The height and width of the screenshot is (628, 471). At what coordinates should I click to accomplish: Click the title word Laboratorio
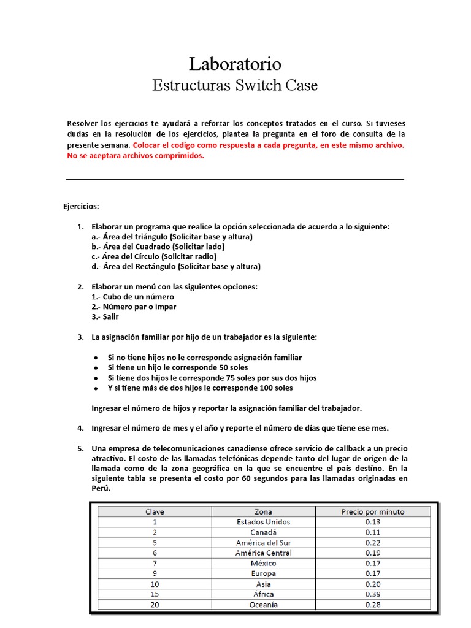(235, 64)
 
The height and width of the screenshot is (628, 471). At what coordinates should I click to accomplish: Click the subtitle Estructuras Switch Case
(235, 85)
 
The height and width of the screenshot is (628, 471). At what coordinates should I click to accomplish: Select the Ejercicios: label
(81, 207)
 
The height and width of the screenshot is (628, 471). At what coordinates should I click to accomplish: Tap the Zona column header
(263, 511)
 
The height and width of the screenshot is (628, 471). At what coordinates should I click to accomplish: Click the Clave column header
(155, 511)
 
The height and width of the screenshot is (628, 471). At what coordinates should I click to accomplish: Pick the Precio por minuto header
(372, 511)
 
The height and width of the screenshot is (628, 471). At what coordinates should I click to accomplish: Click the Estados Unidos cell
(263, 522)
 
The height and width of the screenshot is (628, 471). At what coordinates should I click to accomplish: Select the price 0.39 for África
(372, 594)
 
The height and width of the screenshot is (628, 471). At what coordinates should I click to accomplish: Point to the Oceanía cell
(263, 605)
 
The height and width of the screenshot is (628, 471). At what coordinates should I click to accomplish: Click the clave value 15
(155, 594)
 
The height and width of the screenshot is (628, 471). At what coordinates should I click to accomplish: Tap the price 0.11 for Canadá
(372, 532)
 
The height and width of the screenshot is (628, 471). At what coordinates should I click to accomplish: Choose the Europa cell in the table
(263, 573)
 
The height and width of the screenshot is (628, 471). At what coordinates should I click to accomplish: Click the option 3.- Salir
(105, 317)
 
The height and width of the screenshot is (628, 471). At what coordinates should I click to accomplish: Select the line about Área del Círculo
(154, 256)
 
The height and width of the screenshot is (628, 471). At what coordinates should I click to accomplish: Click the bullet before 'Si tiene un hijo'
(96, 368)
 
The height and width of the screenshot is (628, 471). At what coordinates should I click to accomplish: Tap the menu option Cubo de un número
(132, 297)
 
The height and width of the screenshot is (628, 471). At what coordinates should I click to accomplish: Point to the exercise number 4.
(80, 427)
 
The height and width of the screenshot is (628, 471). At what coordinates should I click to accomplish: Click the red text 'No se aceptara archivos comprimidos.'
(135, 156)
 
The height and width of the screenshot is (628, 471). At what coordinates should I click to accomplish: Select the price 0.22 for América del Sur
(372, 543)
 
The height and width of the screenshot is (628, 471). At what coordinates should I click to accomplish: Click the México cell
(263, 563)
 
